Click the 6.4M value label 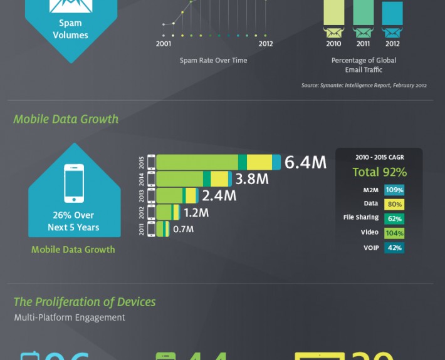305,163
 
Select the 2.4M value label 219,196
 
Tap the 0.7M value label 183,229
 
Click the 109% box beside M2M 394,190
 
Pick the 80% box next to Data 394,205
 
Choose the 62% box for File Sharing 394,219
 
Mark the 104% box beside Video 394,234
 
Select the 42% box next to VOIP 394,248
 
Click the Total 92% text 379,172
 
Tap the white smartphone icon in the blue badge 74,183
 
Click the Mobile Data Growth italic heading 66,119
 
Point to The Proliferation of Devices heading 85,302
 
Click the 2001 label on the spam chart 164,44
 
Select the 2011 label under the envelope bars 363,44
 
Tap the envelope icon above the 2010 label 333,32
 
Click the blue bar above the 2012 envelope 392,13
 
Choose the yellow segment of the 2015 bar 259,163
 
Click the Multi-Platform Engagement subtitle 70,317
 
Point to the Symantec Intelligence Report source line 364,85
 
